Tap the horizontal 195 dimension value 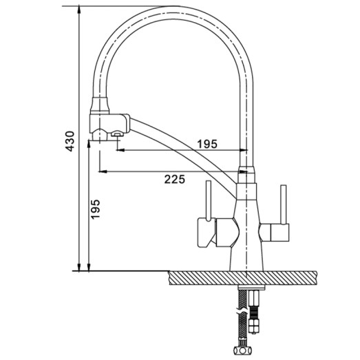[207, 144]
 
